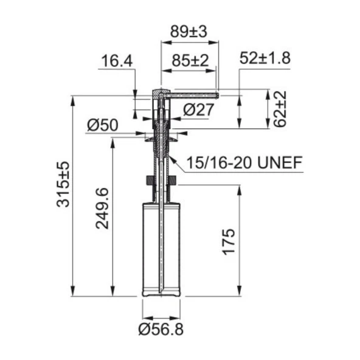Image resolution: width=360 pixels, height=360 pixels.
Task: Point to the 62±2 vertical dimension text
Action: (280, 109)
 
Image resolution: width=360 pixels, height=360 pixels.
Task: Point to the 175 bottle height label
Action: (228, 241)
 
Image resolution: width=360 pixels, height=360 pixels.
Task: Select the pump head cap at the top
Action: (159, 93)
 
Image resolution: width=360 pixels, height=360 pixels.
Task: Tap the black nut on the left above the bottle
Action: (148, 181)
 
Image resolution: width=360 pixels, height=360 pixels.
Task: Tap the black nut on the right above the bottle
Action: (173, 181)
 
